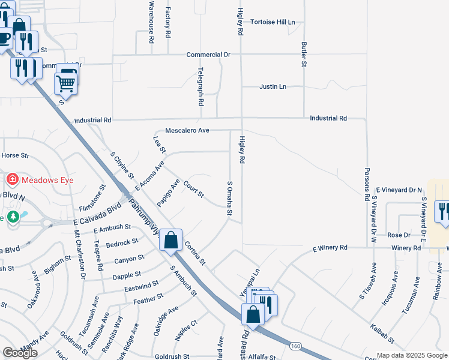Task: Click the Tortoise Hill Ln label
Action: (273, 22)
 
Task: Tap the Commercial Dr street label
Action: (208, 55)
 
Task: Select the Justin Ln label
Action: (273, 87)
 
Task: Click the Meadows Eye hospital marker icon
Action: (11, 179)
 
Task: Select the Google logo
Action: (20, 353)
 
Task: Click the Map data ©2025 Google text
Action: (412, 355)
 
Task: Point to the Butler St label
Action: (304, 55)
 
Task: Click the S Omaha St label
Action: (229, 199)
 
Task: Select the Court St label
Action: (194, 190)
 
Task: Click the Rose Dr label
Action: (399, 235)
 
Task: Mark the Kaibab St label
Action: (382, 334)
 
